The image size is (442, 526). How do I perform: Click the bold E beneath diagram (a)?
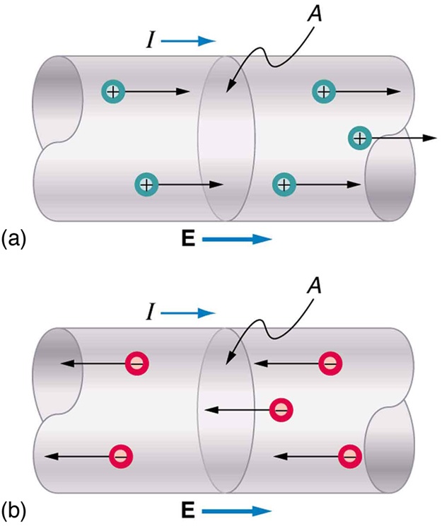coord(188,240)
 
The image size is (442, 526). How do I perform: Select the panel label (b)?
coord(15,508)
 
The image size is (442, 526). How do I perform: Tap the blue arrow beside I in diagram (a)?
coord(188,42)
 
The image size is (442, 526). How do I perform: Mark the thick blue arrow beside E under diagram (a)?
coord(236,240)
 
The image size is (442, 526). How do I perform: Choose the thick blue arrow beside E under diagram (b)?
coord(236,510)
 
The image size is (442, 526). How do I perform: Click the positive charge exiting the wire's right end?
coord(360,138)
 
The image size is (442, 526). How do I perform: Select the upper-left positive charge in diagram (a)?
coord(112,91)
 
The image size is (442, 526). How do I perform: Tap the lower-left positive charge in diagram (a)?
coord(146,185)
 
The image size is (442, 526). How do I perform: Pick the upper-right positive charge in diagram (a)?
coord(323,91)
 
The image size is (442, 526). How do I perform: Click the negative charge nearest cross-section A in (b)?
coord(281,409)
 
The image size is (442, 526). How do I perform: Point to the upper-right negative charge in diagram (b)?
coord(330,363)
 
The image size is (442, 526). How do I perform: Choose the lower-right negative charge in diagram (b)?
coord(349,455)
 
